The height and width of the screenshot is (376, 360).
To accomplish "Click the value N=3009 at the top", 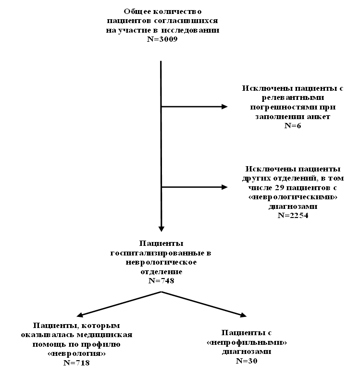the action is (162, 39).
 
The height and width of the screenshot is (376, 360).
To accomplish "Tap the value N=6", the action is (293, 126).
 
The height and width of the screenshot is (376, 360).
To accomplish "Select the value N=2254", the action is (293, 215).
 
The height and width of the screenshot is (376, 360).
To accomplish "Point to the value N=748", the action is (161, 280).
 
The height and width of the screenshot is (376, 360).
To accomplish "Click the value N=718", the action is (76, 363).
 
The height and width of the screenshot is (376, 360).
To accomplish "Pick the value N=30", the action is (247, 361).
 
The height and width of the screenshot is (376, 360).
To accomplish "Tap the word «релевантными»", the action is (293, 97).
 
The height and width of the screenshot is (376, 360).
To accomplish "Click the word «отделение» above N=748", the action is (161, 272).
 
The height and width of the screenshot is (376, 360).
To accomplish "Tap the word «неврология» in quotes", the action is (76, 354).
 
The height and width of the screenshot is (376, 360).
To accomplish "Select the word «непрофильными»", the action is (247, 342).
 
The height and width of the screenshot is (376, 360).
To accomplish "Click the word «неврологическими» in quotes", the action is (293, 197).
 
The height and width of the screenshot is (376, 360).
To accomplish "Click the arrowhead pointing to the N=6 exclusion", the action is (224, 107).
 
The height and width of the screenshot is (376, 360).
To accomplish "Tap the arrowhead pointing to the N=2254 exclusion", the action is (224, 187).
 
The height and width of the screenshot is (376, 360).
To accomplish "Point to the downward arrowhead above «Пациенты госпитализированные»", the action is (161, 229).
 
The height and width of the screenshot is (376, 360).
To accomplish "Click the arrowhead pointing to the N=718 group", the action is (80, 315).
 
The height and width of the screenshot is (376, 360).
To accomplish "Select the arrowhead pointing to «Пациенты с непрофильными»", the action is (243, 315).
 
